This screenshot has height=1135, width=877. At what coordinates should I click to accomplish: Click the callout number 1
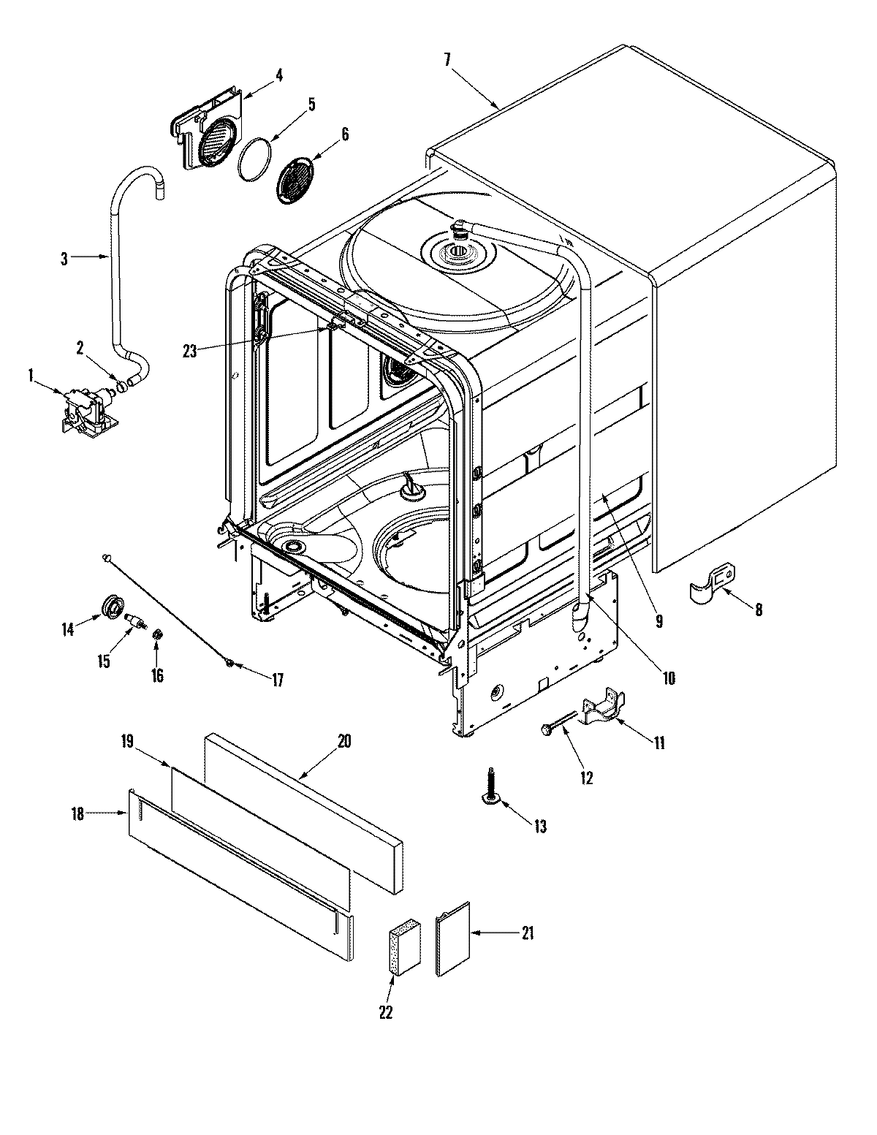coord(31,375)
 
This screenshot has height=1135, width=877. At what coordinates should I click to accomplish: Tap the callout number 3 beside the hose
coord(64,259)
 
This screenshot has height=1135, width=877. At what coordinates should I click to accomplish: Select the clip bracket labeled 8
coord(712,583)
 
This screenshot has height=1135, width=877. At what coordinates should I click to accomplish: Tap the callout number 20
coord(343,741)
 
